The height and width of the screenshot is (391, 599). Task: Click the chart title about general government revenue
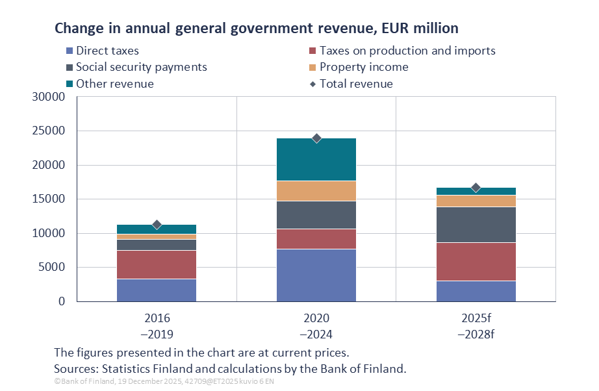tap(256, 29)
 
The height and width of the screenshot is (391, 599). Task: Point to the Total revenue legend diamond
tap(312, 84)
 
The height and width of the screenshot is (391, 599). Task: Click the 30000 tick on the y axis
tap(49, 97)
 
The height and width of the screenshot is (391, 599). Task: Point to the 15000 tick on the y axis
tap(49, 199)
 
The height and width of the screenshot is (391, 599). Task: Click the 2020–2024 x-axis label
tap(316, 327)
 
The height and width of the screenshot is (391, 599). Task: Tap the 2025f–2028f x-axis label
tap(476, 327)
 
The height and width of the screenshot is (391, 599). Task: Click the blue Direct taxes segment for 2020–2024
tap(316, 275)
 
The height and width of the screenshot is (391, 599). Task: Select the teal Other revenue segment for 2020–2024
tap(316, 159)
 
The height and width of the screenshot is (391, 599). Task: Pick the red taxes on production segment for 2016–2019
tap(157, 264)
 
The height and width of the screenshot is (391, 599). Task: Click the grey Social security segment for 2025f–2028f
tap(476, 225)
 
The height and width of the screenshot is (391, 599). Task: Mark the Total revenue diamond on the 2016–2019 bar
tap(157, 224)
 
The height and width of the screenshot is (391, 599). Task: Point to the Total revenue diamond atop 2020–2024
tap(316, 138)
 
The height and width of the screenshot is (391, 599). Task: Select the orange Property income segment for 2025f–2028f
tap(476, 201)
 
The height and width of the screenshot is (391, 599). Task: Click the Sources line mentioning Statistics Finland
tap(230, 368)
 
